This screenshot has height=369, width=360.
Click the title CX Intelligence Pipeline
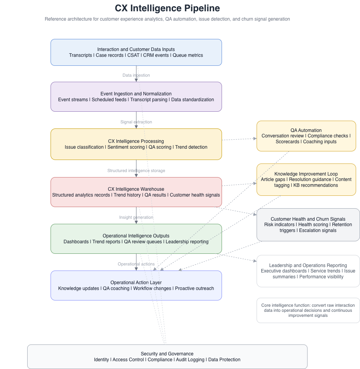(167, 8)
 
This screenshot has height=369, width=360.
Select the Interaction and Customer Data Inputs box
(136, 52)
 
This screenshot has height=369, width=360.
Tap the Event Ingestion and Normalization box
(136, 97)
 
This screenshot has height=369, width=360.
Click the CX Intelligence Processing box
(136, 144)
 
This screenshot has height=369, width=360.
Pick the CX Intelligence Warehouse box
(136, 192)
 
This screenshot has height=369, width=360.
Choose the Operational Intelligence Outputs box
(136, 239)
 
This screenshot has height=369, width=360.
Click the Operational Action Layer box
(136, 285)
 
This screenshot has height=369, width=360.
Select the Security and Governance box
(167, 357)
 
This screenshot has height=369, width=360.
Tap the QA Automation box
(306, 136)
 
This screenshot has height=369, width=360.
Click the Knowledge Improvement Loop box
(306, 179)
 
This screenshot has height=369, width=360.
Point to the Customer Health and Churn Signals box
(308, 225)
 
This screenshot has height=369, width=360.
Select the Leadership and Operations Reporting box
(308, 271)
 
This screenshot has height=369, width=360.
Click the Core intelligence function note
(308, 310)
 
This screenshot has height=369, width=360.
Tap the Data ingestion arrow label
(136, 75)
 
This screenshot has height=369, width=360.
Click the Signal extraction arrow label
(136, 122)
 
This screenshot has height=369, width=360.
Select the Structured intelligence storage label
(136, 170)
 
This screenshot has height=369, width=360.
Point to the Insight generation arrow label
(136, 217)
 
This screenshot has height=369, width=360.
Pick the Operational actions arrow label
(136, 264)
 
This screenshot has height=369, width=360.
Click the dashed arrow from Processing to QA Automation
(239, 139)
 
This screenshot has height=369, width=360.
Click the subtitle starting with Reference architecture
(167, 19)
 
